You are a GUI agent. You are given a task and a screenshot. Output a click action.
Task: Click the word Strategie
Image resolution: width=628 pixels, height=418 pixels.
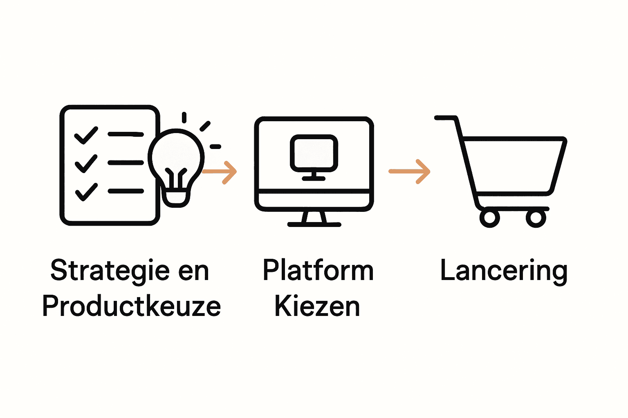[110, 271]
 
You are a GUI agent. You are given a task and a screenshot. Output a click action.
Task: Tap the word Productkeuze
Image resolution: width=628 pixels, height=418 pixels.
[132, 306]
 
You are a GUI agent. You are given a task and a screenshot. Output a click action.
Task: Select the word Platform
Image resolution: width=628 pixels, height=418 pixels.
[318, 270]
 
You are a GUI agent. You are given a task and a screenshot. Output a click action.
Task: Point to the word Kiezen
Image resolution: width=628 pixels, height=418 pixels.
[317, 306]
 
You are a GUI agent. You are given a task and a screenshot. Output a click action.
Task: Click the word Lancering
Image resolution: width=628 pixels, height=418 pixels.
[504, 271]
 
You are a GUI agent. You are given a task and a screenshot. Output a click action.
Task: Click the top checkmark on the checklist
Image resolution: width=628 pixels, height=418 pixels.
[86, 135]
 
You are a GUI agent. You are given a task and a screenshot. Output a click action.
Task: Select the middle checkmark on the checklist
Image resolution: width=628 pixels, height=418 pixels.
[86, 163]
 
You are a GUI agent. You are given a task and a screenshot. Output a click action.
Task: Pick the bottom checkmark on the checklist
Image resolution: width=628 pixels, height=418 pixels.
[86, 191]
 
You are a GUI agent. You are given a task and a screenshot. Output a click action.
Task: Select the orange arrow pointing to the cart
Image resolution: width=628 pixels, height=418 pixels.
[410, 171]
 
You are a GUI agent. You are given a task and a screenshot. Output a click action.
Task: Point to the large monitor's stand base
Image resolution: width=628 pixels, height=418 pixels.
[314, 224]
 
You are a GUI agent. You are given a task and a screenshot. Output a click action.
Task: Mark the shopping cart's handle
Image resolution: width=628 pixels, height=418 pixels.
[446, 118]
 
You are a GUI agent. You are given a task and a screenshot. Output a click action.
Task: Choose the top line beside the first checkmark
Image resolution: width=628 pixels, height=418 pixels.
[126, 134]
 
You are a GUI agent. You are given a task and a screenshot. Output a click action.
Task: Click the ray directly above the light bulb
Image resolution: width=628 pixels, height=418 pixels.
[184, 118]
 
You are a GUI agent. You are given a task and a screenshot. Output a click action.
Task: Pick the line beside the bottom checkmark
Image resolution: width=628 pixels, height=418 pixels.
[126, 191]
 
